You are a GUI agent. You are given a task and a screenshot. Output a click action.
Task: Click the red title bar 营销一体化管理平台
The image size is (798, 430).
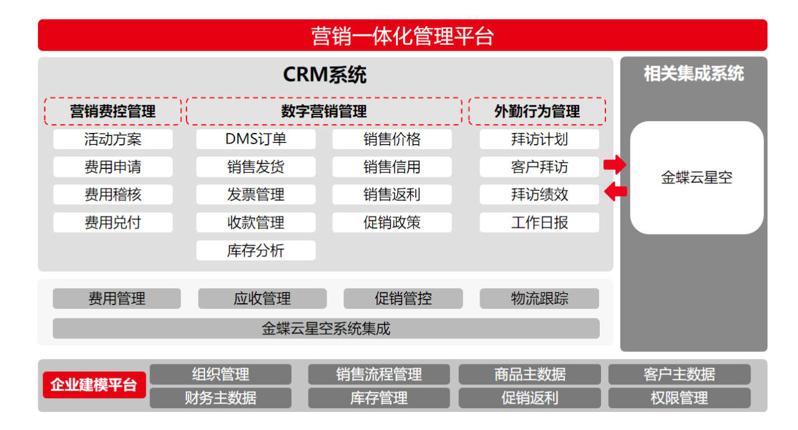tap(402, 36)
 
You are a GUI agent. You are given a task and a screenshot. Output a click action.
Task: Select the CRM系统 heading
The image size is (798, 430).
tap(325, 75)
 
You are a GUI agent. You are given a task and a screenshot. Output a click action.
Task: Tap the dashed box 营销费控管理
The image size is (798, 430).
tap(113, 112)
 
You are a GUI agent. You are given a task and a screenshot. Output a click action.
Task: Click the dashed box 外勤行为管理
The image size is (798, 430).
tap(537, 112)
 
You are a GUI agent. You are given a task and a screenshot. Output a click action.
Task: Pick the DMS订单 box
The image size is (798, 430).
tap(256, 139)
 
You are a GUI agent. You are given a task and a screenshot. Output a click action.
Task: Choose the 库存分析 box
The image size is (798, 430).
tap(256, 250)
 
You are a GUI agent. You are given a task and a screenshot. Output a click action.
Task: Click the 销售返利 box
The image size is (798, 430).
tap(392, 195)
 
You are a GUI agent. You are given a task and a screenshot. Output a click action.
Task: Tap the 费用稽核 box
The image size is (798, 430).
tap(113, 195)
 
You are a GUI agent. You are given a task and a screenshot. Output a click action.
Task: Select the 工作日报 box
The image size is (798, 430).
tap(539, 223)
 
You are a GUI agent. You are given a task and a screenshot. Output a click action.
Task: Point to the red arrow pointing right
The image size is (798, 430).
tap(614, 165)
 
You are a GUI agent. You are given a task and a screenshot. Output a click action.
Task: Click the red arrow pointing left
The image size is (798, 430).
tap(615, 191)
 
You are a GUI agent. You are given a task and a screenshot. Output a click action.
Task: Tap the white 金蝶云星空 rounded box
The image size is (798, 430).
tap(696, 178)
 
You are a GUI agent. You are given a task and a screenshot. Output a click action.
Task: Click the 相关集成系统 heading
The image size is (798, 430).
tap(693, 74)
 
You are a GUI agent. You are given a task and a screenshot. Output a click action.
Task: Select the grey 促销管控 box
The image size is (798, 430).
tap(403, 298)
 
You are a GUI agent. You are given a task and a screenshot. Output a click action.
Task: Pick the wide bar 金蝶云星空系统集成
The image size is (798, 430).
tap(325, 328)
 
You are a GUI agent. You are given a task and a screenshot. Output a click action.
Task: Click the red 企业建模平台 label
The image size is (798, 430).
tap(94, 384)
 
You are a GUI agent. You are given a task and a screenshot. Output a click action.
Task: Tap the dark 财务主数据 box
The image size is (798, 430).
tap(220, 398)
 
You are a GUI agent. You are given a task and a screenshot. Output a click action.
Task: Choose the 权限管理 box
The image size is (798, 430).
tap(679, 398)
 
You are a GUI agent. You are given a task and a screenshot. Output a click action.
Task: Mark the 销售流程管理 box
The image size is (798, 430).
tap(378, 374)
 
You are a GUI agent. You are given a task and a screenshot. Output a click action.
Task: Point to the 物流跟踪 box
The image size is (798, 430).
tap(539, 298)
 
